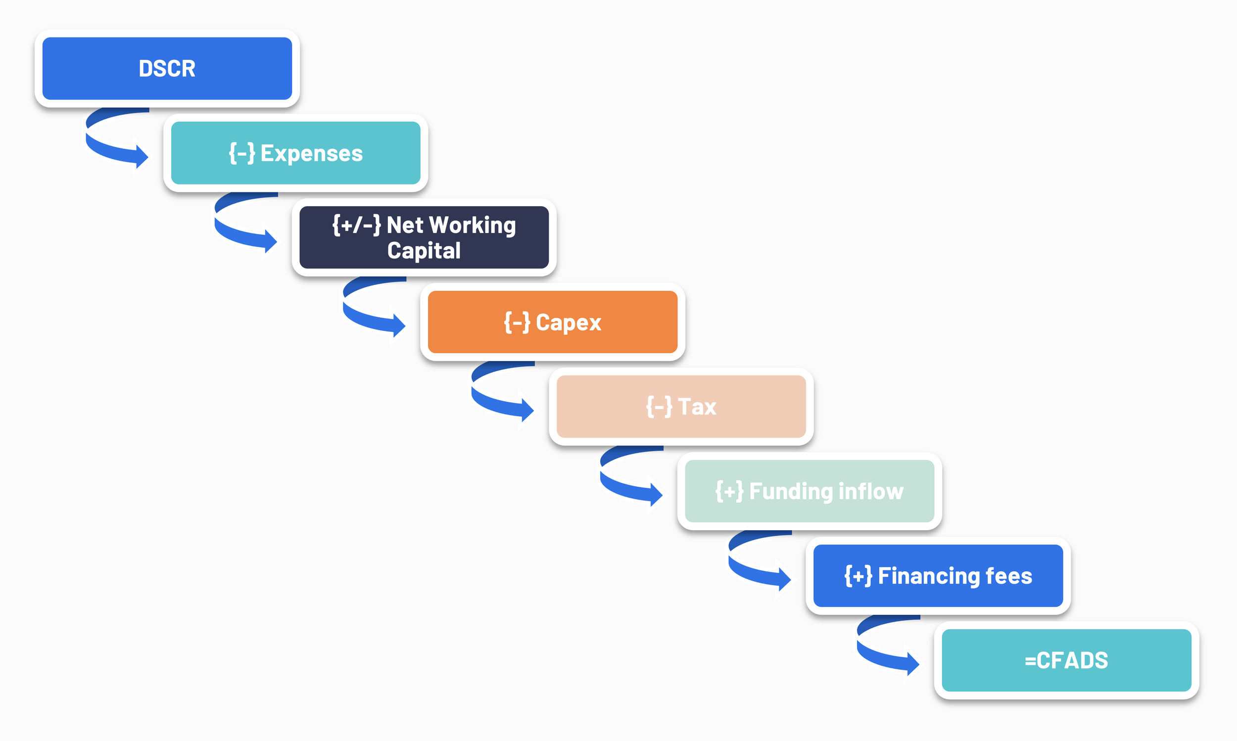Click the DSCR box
pyautogui.click(x=167, y=68)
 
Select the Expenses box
pyautogui.click(x=295, y=153)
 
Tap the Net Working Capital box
pyautogui.click(x=424, y=237)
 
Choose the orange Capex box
pyautogui.click(x=552, y=322)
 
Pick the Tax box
pyautogui.click(x=681, y=407)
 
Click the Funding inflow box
pyautogui.click(x=809, y=491)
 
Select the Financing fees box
pyautogui.click(x=938, y=576)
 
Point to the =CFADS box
pyautogui.click(x=1066, y=660)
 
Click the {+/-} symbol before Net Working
pyautogui.click(x=357, y=225)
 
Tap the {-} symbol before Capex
pyautogui.click(x=517, y=322)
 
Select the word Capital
pyautogui.click(x=424, y=250)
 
